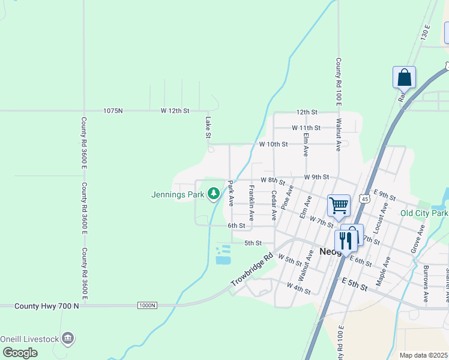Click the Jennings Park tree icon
212,193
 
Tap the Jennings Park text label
178,194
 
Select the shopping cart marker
339,205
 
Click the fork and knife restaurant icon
346,240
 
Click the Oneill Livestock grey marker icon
68,340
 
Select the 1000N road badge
147,305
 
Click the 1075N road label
113,111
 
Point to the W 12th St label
175,111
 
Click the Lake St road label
208,127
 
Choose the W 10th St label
274,145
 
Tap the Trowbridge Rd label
252,269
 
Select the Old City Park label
424,214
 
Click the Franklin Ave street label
252,202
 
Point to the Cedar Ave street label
274,205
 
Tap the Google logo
20,352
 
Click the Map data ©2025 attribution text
424,355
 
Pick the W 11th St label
306,128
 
